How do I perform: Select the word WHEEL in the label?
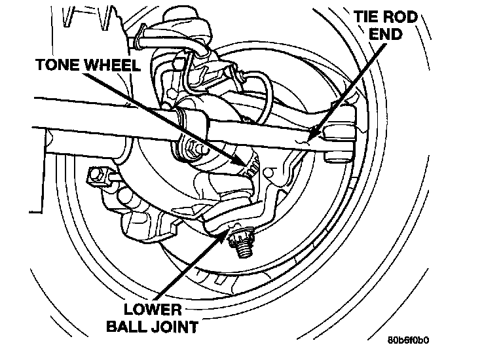point(112,65)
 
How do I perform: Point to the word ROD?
point(402,16)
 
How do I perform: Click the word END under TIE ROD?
point(386,34)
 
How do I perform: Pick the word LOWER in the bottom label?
point(153,310)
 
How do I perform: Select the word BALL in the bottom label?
point(126,327)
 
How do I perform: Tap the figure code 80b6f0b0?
point(408,340)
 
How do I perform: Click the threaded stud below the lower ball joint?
point(246,249)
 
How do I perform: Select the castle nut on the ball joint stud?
point(240,236)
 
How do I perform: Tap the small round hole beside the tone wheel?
point(269,172)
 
